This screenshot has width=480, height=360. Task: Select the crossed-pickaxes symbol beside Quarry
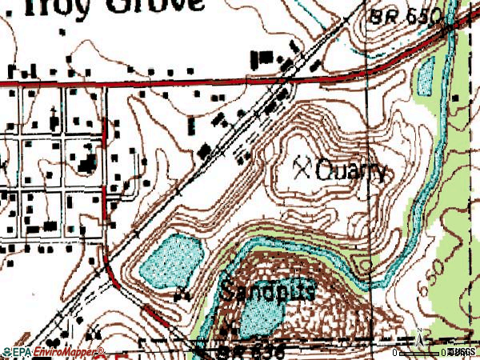(302, 166)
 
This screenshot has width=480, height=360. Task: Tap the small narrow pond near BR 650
(425, 76)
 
